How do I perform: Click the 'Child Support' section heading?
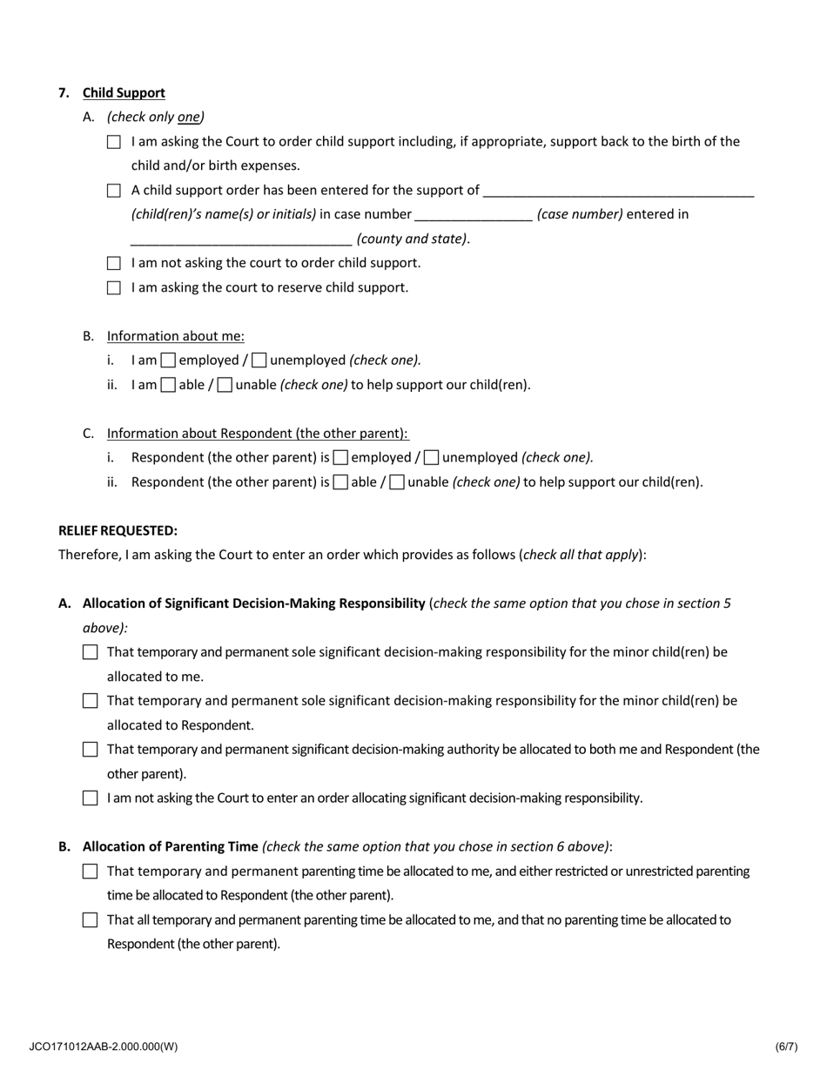tap(124, 93)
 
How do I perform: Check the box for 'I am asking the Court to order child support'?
tap(114, 142)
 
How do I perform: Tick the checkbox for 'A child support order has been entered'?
tap(114, 191)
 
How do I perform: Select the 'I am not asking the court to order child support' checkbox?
tap(114, 263)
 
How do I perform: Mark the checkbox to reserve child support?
tap(114, 287)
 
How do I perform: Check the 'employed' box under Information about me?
tap(169, 360)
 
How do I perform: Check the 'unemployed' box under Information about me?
tap(259, 360)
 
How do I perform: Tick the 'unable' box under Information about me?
tap(225, 385)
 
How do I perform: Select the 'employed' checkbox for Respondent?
tap(341, 457)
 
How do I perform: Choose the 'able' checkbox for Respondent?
tap(341, 482)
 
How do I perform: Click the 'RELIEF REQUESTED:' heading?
tap(118, 530)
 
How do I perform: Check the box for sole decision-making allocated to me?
tap(90, 652)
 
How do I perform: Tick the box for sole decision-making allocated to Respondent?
tap(90, 701)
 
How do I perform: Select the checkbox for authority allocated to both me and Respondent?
tap(90, 750)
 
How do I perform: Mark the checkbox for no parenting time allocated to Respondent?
tap(90, 920)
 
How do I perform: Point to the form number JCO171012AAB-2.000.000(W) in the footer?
tap(103, 1047)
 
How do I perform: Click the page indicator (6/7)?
tap(786, 1047)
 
